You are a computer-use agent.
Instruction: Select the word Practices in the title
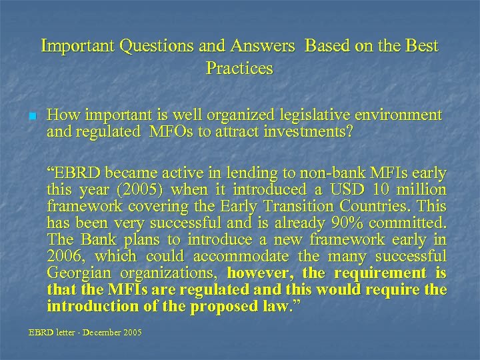239,68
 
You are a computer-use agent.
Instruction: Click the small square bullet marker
31,116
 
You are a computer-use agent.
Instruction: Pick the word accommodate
241,257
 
